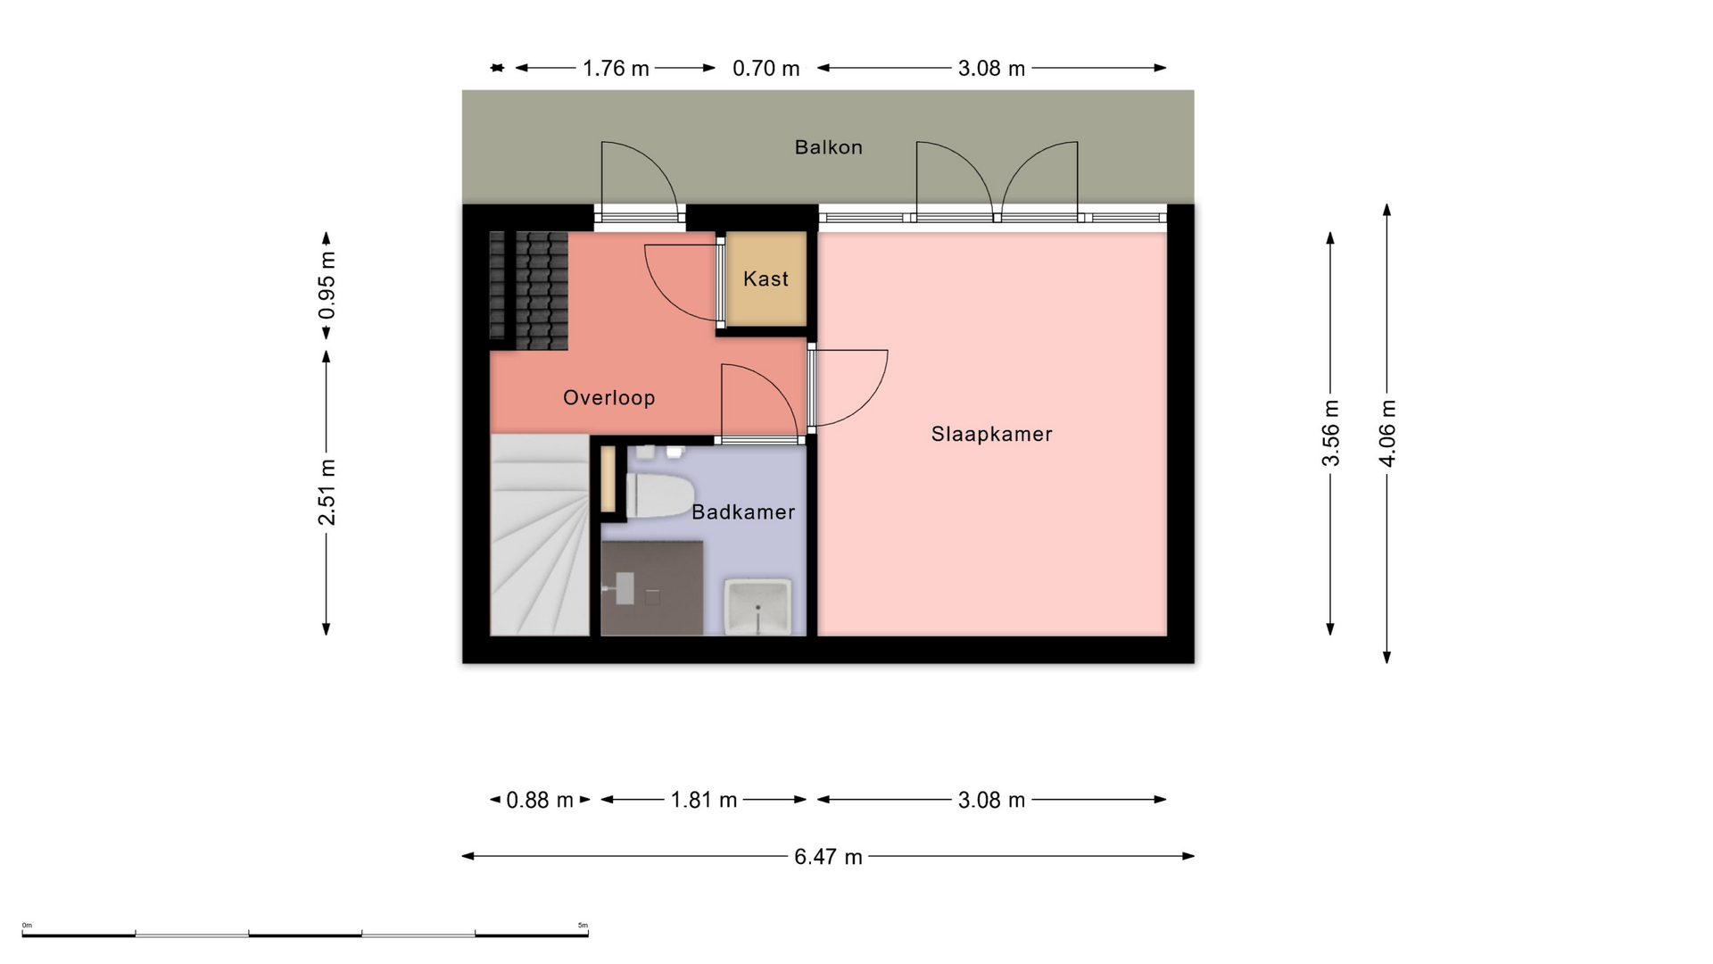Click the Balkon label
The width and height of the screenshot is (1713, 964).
[x=828, y=147]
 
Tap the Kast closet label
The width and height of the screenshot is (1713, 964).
[x=765, y=279]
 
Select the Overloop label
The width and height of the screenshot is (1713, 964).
[x=608, y=398]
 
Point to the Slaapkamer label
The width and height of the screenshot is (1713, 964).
[x=991, y=435]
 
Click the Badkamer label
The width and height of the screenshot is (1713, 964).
[x=743, y=512]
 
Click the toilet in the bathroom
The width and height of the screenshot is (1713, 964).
[x=660, y=496]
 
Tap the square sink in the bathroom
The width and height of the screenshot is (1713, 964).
[x=757, y=606]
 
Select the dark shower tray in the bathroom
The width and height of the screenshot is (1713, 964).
[x=652, y=588]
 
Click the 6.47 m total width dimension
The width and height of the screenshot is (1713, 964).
[x=828, y=857]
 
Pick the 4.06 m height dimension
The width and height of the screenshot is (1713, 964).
[x=1387, y=433]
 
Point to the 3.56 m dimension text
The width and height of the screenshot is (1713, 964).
[x=1330, y=433]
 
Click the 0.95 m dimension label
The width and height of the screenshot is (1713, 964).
[x=327, y=286]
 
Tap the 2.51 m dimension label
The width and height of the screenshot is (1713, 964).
[x=327, y=493]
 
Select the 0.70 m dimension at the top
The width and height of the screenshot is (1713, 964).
[x=765, y=69]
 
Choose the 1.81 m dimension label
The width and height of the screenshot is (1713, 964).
[x=704, y=800]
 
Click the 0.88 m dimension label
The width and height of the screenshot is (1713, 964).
[x=540, y=800]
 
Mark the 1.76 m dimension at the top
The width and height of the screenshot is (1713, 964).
[x=616, y=69]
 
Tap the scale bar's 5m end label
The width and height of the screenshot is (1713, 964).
[x=583, y=926]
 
